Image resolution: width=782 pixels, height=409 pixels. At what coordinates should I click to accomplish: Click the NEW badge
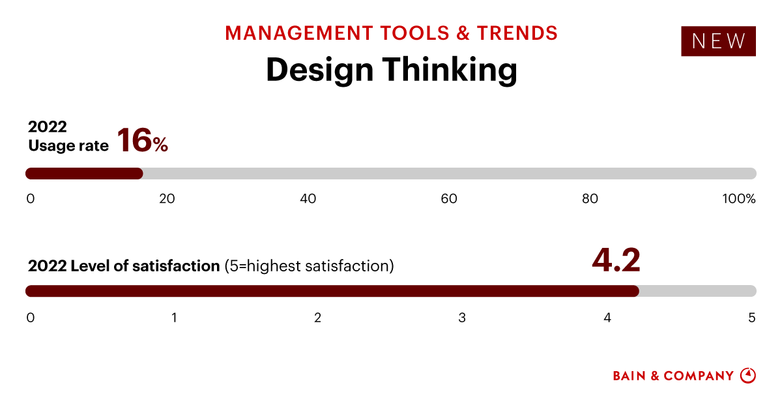(x=718, y=41)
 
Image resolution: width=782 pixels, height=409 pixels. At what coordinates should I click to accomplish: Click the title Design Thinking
(x=391, y=69)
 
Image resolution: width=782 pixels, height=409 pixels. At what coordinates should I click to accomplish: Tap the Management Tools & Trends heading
(x=391, y=33)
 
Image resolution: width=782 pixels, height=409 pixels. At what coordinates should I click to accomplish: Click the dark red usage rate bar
(x=84, y=174)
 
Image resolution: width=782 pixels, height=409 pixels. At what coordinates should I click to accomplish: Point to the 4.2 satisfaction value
(x=616, y=259)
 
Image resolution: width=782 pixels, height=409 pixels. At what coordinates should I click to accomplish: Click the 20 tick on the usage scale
(x=167, y=199)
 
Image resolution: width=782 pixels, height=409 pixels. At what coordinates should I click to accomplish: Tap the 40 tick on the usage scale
(x=308, y=199)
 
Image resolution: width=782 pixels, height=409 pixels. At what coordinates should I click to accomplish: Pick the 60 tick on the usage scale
(x=449, y=199)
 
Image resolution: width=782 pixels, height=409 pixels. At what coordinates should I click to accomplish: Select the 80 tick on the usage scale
(x=590, y=199)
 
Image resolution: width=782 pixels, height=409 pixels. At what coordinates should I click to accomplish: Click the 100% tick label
(x=738, y=199)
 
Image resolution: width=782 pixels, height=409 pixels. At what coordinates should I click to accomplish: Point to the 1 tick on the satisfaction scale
(x=175, y=318)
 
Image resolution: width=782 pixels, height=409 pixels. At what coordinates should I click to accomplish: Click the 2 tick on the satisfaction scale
(x=317, y=318)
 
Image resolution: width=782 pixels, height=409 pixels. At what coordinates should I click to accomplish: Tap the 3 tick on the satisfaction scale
(x=462, y=318)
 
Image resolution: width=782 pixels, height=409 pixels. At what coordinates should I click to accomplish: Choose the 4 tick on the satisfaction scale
(x=607, y=318)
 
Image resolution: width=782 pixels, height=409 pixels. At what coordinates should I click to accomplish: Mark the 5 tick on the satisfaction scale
(x=751, y=318)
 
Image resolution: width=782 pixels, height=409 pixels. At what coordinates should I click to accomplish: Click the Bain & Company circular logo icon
(x=748, y=376)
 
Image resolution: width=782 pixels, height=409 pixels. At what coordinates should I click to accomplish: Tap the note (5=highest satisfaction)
(x=309, y=266)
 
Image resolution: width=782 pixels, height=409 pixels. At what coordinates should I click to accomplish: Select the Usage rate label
(x=68, y=145)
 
